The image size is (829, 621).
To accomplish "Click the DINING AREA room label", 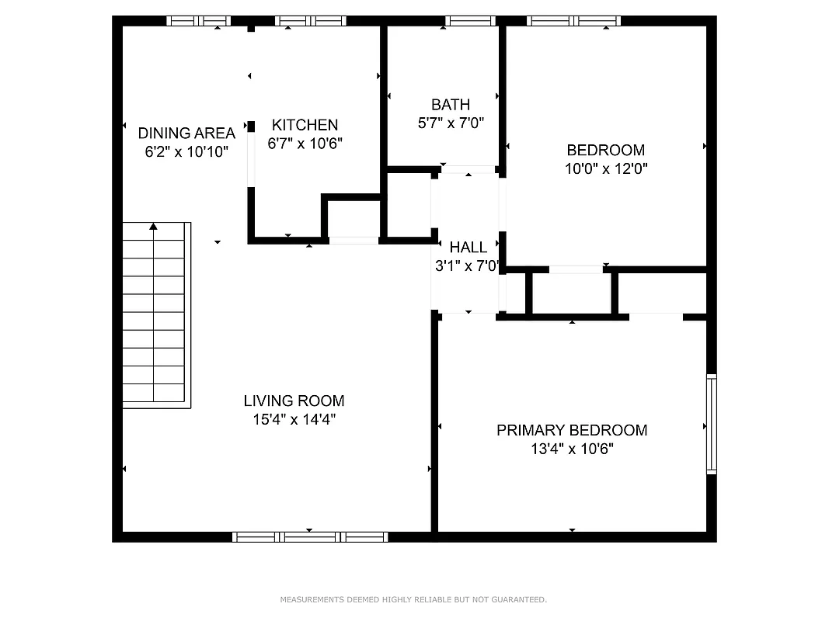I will [x=186, y=134].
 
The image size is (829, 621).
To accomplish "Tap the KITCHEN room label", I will [x=305, y=125].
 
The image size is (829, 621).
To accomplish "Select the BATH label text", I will [x=451, y=105].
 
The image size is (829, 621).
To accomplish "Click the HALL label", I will [x=468, y=248].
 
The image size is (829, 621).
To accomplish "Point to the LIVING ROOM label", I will [x=294, y=401].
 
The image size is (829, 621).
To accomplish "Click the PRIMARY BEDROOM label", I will [x=572, y=431].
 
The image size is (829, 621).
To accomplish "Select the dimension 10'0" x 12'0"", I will [x=605, y=168].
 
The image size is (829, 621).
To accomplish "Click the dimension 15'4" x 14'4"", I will [x=294, y=420].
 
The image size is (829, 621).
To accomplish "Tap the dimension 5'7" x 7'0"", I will [x=451, y=123].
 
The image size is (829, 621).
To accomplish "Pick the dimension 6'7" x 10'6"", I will [x=305, y=144].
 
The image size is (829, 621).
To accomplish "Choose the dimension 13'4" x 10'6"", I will [x=572, y=449].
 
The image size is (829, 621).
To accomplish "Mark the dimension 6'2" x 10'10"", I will [x=186, y=152].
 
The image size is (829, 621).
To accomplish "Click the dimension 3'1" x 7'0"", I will [x=466, y=265].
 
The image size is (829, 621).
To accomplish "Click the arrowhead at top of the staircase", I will [x=154, y=227].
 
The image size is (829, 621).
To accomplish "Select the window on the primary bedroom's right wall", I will [x=711, y=424].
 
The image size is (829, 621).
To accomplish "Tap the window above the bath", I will [x=470, y=21].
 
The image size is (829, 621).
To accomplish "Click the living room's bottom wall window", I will [x=310, y=536].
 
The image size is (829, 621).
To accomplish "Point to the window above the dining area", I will [x=199, y=21].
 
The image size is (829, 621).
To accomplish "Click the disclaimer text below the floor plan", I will [x=413, y=599].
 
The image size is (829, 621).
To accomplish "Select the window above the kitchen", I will [x=310, y=21].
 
